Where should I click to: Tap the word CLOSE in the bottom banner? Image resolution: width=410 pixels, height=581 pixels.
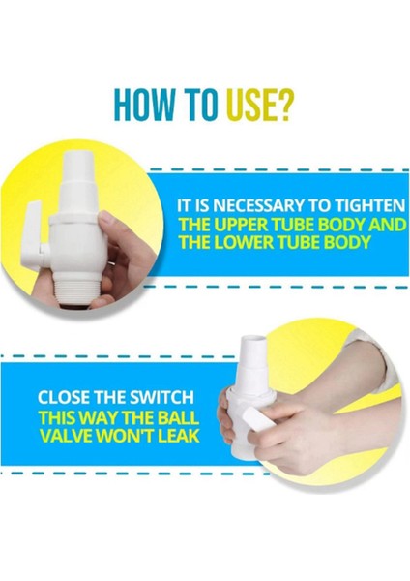point(63,397)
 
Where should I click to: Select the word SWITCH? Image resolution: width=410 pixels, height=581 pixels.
point(161,397)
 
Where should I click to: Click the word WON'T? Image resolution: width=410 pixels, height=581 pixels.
point(125,436)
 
